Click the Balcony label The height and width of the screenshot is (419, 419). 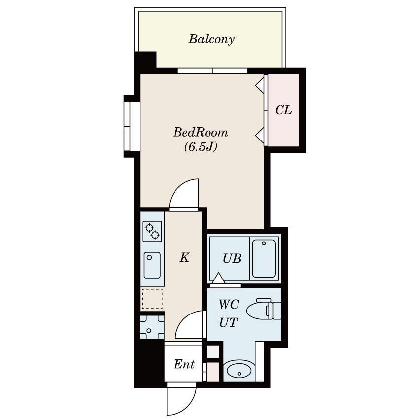[x=211, y=39]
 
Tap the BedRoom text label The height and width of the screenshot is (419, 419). [x=201, y=132]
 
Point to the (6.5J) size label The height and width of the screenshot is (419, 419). [x=201, y=146]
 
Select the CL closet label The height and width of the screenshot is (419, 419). [x=283, y=110]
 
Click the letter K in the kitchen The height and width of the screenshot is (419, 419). [x=185, y=258]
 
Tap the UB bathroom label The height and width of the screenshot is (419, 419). [x=232, y=258]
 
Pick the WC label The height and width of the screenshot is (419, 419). [x=229, y=304]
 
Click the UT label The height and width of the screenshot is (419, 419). [x=228, y=322]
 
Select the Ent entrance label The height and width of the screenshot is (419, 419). [x=184, y=364]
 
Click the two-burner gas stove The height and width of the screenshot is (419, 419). [x=152, y=231]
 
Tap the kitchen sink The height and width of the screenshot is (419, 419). [x=152, y=265]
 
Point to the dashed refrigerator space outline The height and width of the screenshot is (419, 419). [x=152, y=299]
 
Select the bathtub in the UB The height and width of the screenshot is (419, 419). [x=264, y=258]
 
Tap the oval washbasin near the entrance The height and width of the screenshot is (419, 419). [x=239, y=370]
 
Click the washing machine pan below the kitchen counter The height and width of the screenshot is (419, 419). [x=152, y=327]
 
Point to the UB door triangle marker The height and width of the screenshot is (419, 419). [x=218, y=278]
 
